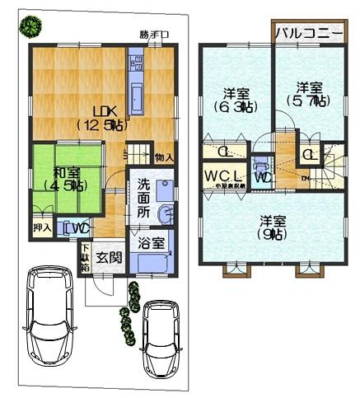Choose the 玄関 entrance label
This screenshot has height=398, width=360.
coord(109,257)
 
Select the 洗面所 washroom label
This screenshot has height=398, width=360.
coord(143,199)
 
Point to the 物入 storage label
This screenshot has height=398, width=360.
coord(164,157)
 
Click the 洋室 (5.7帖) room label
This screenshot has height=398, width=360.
coord(308,93)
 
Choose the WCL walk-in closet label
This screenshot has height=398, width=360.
coord(224,176)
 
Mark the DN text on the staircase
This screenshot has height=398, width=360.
coord(306,177)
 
